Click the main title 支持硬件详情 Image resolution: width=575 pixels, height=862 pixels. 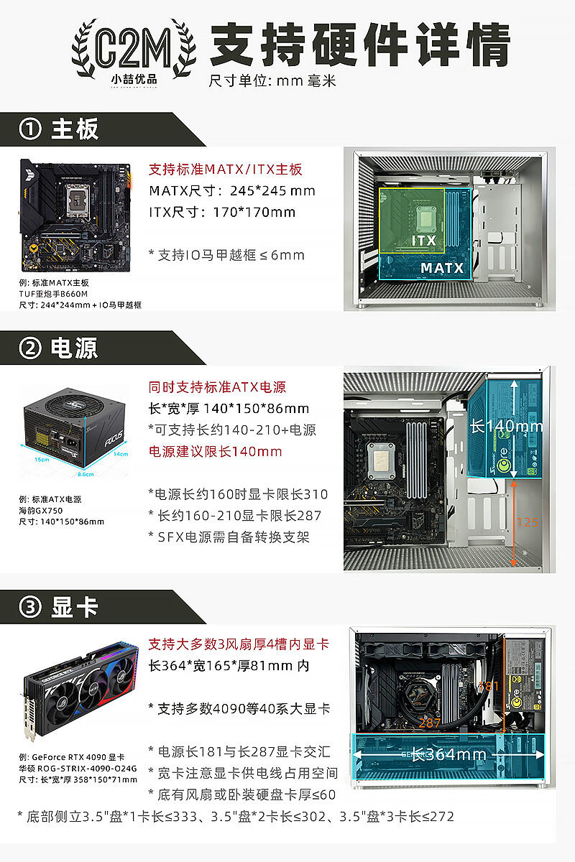359,45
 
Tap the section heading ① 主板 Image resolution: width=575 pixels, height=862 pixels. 60,129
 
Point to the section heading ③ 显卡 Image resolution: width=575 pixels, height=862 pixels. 60,607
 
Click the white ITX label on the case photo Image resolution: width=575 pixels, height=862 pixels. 423,240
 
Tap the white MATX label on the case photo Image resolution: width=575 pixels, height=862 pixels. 442,268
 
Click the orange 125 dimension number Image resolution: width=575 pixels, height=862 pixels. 527,522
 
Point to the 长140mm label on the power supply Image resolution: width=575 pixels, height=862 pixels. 506,426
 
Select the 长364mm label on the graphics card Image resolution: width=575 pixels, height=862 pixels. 448,754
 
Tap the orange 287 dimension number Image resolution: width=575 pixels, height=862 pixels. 429,723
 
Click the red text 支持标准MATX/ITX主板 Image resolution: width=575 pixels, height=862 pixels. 226,170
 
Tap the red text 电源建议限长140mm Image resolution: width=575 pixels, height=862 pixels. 215,451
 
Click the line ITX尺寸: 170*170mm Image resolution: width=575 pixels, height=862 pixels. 222,212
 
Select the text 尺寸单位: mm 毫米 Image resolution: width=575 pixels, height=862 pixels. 272,80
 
